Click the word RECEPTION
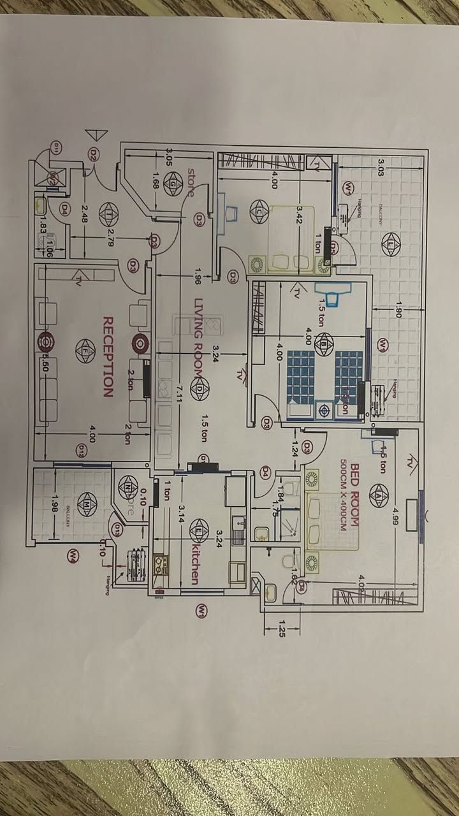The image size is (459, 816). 108,356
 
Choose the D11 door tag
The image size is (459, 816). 56,149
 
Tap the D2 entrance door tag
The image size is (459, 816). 94,154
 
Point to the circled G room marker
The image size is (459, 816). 173,184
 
